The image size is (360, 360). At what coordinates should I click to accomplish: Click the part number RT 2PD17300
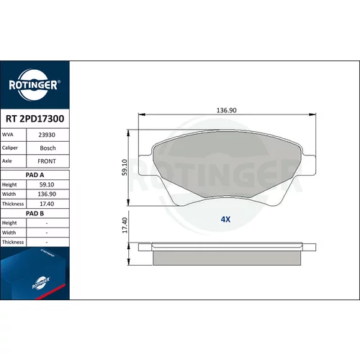point(35,119)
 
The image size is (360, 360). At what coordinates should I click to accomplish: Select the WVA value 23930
point(47,135)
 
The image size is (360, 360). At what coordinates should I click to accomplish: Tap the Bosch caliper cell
point(48,148)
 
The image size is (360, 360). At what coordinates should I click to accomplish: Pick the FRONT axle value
point(47,161)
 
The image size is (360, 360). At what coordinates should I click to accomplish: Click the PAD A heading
point(35,175)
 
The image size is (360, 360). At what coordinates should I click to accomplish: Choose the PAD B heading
point(35,213)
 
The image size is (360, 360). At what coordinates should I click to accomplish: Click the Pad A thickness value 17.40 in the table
point(47,204)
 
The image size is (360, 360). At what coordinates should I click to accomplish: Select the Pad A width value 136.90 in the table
point(47,194)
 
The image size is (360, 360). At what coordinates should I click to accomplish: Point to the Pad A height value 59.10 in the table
point(47,184)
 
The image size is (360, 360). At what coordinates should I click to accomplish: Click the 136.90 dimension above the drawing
point(227,110)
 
